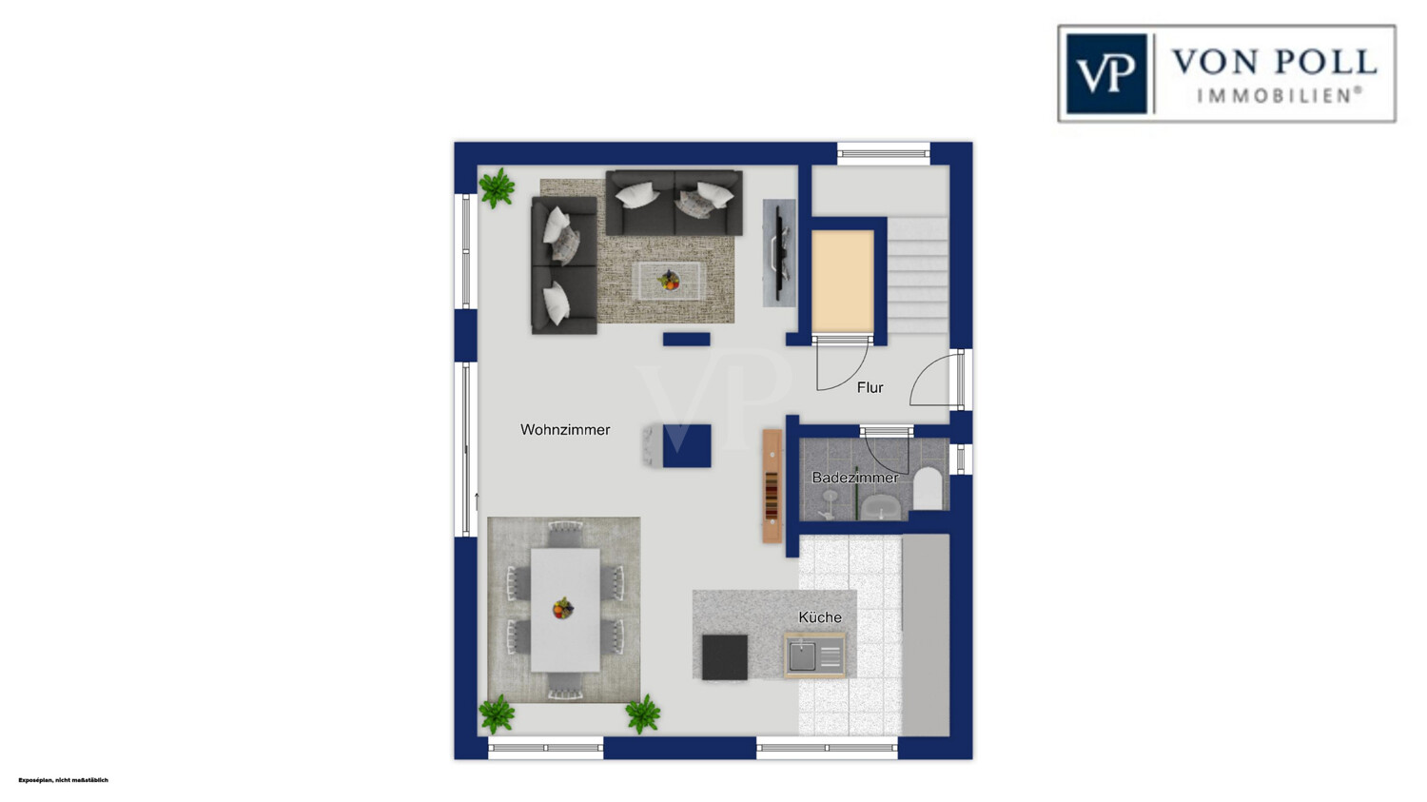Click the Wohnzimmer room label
(x=565, y=430)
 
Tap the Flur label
(x=870, y=387)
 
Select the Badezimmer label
(x=855, y=478)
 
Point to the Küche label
(x=820, y=617)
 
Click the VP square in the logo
(x=1106, y=74)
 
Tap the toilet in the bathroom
(x=928, y=489)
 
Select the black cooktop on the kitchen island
(x=724, y=656)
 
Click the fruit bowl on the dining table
(x=562, y=608)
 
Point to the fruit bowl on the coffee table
(x=669, y=280)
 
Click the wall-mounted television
(x=778, y=253)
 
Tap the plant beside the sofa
(x=497, y=187)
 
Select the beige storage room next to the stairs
(x=843, y=281)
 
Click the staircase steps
(x=918, y=275)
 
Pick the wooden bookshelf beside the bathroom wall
(x=772, y=486)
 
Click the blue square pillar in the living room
(x=687, y=446)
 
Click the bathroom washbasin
(x=880, y=507)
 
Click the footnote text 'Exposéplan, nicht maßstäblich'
(x=63, y=780)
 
